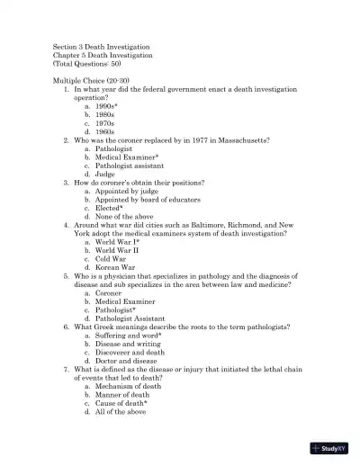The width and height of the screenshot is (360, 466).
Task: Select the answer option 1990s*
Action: (106, 106)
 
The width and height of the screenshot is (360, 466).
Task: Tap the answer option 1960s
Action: (105, 132)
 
